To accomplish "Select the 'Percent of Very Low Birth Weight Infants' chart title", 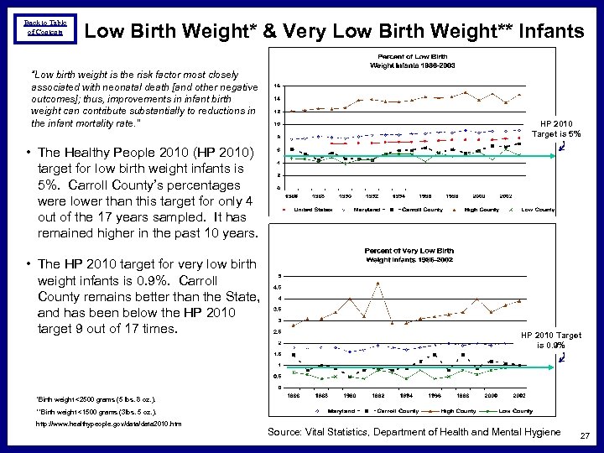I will click(x=409, y=255).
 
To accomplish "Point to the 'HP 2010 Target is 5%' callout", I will click(x=556, y=128).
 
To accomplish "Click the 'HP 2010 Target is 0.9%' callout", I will click(x=550, y=340).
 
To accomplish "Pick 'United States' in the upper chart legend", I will click(x=313, y=209).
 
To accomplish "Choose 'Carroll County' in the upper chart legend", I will click(x=420, y=209).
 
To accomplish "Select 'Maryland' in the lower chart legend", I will click(x=341, y=411).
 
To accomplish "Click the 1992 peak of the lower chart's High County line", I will click(x=378, y=283).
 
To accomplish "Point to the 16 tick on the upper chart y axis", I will click(x=278, y=85).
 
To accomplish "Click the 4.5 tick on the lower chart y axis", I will click(x=278, y=288).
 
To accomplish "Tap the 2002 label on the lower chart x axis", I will click(x=520, y=395).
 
